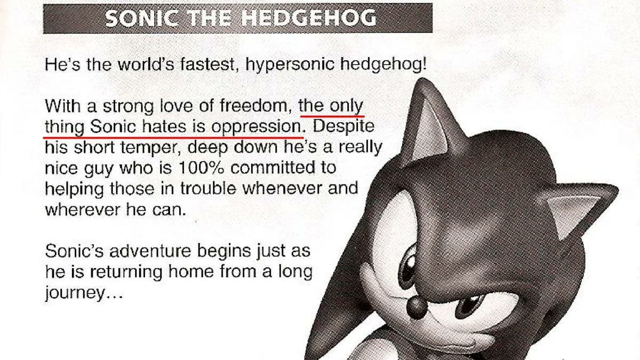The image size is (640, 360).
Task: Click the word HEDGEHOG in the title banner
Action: coord(308,19)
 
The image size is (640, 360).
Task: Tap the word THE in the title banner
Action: coord(211,19)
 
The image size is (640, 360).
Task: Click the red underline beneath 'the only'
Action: coord(332,115)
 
